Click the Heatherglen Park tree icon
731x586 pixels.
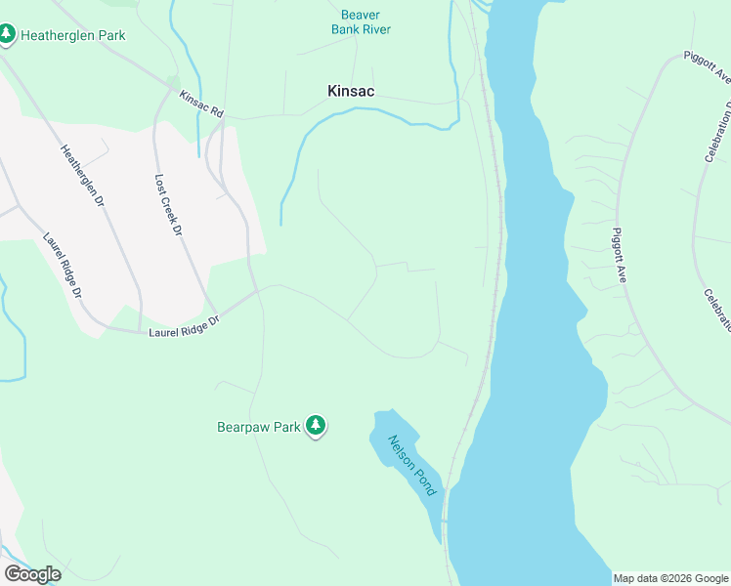(x=8, y=35)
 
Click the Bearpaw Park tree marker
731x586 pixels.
(x=315, y=425)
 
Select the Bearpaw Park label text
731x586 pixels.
(x=258, y=427)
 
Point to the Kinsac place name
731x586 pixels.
(x=351, y=91)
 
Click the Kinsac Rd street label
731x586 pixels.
(x=201, y=105)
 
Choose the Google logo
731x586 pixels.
(x=32, y=574)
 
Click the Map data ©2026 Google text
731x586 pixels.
(x=670, y=578)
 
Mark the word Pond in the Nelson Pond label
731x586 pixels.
(x=423, y=478)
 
